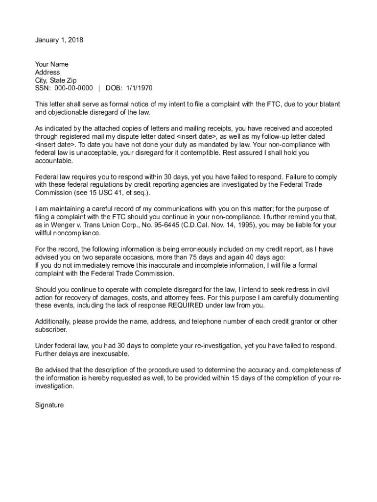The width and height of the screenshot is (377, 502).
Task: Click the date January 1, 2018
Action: [59, 40]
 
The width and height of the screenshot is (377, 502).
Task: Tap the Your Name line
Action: [52, 64]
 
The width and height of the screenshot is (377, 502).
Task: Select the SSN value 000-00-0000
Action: [71, 88]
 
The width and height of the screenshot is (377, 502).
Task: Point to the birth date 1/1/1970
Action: [139, 88]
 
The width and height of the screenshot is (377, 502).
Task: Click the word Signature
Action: [49, 405]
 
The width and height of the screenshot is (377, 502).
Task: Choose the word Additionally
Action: [54, 322]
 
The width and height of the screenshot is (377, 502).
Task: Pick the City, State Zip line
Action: [56, 80]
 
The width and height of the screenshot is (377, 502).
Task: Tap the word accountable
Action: [54, 161]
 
